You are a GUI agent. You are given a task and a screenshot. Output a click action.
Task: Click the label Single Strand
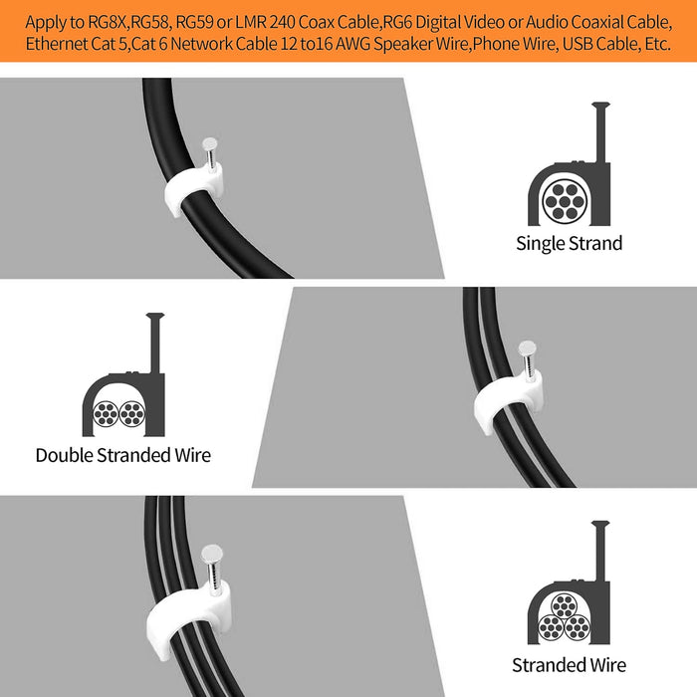coord(569,244)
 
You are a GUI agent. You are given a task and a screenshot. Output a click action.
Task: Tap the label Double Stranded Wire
coord(123,455)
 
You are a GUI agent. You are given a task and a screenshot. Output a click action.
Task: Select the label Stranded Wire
coord(569,665)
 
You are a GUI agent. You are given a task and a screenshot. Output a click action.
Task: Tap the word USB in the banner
coord(578,44)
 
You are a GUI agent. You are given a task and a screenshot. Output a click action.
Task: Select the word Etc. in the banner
coord(655,44)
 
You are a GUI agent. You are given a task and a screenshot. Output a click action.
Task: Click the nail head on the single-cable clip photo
coord(210,143)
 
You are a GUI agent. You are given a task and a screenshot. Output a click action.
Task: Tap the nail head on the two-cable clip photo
coord(527,348)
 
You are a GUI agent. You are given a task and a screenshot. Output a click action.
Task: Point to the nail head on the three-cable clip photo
coord(211,553)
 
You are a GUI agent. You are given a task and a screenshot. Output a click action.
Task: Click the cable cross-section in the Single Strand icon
coord(565,202)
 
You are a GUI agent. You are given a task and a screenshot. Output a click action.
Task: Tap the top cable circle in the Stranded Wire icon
coord(565,606)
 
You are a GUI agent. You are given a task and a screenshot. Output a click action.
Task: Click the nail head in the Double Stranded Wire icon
coord(155,316)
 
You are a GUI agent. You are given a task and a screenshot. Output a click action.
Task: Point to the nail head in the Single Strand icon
coord(600,106)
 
